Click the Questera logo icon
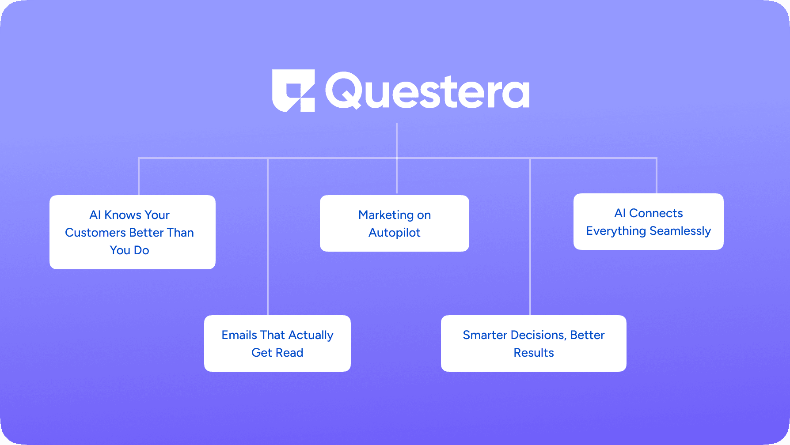[x=293, y=91]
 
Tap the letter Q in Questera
[x=344, y=90]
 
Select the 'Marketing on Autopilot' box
[x=395, y=223]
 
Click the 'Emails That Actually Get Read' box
[x=277, y=343]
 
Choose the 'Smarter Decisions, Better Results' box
[x=534, y=343]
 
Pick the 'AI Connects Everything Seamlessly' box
[x=649, y=222]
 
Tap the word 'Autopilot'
[x=395, y=233]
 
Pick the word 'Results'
[x=534, y=353]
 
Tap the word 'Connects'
[x=656, y=213]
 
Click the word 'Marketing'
[x=386, y=215]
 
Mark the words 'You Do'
[x=129, y=250]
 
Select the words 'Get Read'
[x=277, y=353]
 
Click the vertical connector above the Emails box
[x=268, y=237]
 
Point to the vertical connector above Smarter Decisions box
[x=530, y=237]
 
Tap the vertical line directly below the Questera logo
[x=397, y=158]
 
